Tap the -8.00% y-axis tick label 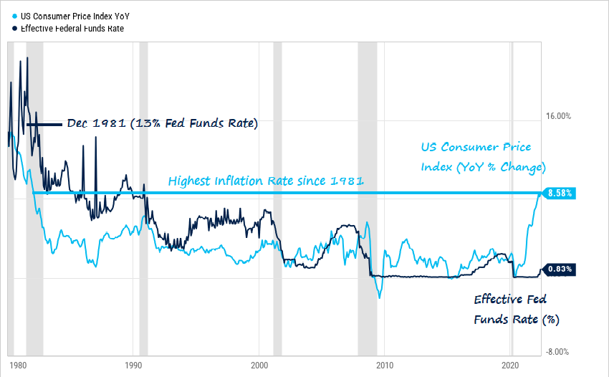[x=557, y=352]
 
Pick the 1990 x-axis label [x=133, y=364]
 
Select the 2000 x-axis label [x=259, y=364]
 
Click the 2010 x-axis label [x=385, y=364]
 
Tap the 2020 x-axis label [x=511, y=364]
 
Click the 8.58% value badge [x=560, y=194]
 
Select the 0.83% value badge [x=560, y=269]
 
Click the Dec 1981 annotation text [x=161, y=123]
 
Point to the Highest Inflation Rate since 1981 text [x=266, y=181]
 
